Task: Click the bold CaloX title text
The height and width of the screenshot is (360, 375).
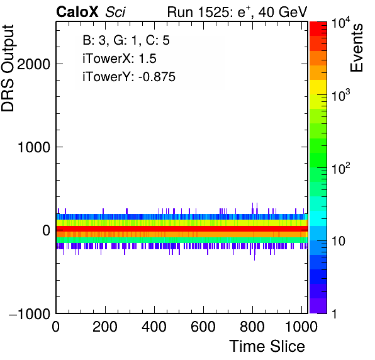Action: pos(77,11)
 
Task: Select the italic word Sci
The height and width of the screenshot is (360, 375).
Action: pos(115,11)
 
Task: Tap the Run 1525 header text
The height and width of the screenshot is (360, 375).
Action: pos(201,11)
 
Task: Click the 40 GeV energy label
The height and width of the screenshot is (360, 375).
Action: pos(283,11)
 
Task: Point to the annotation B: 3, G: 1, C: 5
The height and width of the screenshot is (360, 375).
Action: pos(126,40)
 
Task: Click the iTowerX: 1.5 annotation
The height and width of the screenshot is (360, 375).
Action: pos(120,59)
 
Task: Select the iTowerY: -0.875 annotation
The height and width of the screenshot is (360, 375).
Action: pos(129,77)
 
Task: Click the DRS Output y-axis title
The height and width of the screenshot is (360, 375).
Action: pos(8,68)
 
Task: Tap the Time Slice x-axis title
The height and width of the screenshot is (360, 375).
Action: pos(267,346)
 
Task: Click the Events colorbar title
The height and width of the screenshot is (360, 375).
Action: pos(356,48)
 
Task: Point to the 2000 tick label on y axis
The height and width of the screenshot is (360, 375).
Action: pos(33,64)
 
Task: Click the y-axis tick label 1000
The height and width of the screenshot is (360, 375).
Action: pos(34,147)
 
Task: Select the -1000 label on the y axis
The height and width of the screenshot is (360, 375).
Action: pos(30,313)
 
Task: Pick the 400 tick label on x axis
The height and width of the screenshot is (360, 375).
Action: pos(154,326)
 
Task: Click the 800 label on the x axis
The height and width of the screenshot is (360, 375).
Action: pos(252,326)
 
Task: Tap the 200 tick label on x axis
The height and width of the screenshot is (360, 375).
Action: pos(105,326)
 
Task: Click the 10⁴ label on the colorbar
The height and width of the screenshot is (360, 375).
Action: pos(340,23)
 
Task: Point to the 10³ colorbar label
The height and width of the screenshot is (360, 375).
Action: pos(340,95)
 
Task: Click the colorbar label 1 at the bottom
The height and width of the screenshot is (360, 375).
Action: pos(334,313)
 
